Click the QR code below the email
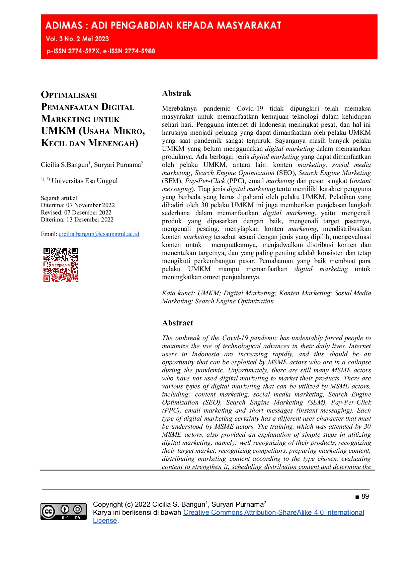point(61,265)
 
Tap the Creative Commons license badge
point(64,512)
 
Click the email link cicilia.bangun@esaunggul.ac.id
point(99,234)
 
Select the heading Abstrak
point(177,93)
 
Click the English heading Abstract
point(178,323)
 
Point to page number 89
point(365,496)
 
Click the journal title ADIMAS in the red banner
point(64,26)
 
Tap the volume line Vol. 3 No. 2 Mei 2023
point(77,39)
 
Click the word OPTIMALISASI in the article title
point(69,95)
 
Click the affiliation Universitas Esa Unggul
point(85,181)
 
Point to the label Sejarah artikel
point(59,198)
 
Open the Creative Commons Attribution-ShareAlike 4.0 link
point(273,512)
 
